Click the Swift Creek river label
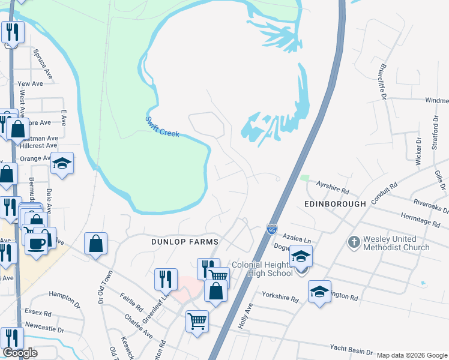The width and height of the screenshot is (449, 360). [x=162, y=126]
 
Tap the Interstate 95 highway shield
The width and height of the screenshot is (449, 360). [x=271, y=229]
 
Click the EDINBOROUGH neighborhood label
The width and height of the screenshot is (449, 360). [x=335, y=204]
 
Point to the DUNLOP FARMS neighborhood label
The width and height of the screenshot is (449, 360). [x=184, y=241]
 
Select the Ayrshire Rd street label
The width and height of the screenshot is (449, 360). [x=333, y=188]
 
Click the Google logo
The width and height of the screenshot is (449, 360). [x=20, y=353]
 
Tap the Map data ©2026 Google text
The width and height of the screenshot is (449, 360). [x=412, y=355]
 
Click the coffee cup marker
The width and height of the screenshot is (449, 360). [x=36, y=243]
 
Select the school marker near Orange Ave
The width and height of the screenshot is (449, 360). [x=62, y=164]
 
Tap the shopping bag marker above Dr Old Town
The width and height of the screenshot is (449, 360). [x=95, y=244]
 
